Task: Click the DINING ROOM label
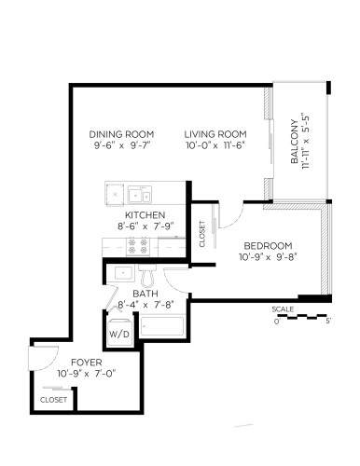coord(122,133)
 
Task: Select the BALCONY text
coord(294,143)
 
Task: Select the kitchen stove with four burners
coord(139,246)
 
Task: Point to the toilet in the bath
coord(146,277)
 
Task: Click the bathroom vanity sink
coord(121,274)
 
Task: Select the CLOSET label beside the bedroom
coord(203,235)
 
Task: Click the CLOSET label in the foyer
coord(54,399)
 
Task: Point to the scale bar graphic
coord(302,317)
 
